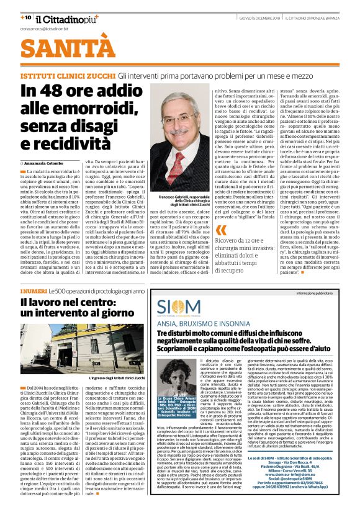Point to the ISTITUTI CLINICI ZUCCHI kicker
(x=66, y=74)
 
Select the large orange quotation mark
(x=221, y=231)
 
